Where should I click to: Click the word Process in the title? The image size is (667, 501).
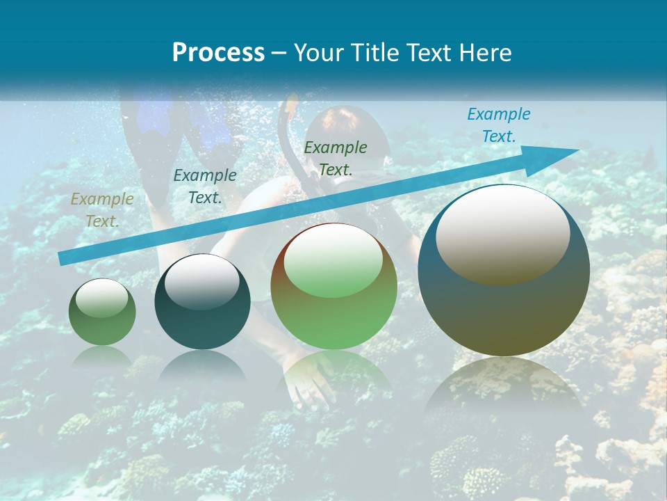click(x=218, y=53)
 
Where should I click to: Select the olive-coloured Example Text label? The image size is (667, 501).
click(x=102, y=210)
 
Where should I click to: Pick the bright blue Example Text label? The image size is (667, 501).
click(x=498, y=125)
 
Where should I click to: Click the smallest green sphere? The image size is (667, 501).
click(x=102, y=312)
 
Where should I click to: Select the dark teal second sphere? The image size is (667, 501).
click(x=202, y=302)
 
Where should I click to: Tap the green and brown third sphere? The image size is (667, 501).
click(x=333, y=287)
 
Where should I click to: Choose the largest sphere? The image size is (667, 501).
click(x=504, y=270)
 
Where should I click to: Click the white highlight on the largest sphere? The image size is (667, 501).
click(x=502, y=234)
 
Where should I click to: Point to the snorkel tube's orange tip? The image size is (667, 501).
click(x=290, y=104)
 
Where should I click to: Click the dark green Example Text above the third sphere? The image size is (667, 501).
click(x=335, y=158)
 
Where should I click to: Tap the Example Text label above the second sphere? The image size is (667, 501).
click(x=204, y=186)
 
